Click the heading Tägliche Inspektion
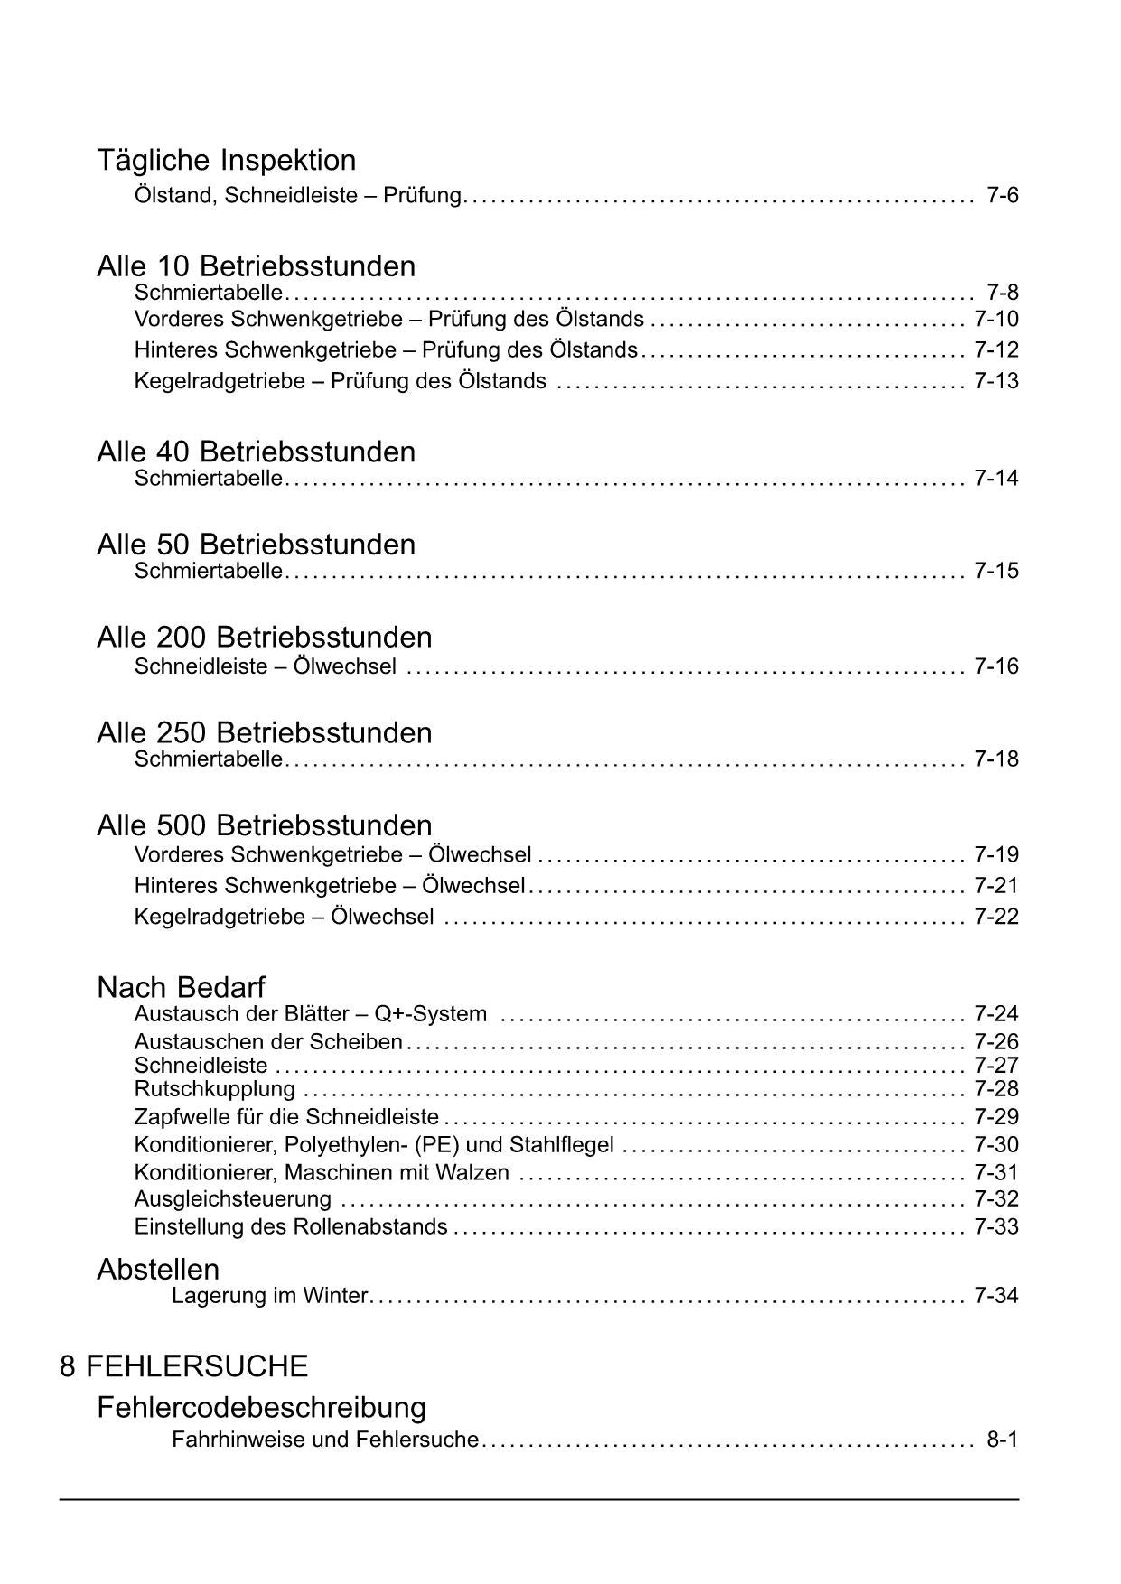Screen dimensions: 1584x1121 [x=226, y=161]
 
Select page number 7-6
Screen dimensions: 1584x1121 [x=1002, y=195]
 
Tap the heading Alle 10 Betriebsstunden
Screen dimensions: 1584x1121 [x=256, y=266]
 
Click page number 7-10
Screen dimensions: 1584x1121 [x=995, y=319]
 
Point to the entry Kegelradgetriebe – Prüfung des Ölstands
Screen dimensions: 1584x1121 [x=340, y=381]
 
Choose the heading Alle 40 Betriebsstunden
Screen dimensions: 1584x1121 [x=256, y=452]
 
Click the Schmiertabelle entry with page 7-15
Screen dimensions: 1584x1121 [x=209, y=571]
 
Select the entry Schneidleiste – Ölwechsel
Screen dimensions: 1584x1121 [x=265, y=666]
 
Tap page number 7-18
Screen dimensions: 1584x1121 [x=995, y=759]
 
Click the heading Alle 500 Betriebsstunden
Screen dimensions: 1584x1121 [x=264, y=825]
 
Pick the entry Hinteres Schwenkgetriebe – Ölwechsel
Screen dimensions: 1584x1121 [x=329, y=886]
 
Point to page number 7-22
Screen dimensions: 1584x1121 [x=995, y=917]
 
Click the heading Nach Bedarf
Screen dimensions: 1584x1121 [x=181, y=987]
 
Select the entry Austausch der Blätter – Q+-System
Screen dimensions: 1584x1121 [x=310, y=1014]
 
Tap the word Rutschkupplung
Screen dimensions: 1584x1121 [x=214, y=1089]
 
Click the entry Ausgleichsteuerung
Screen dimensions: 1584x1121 [x=232, y=1199]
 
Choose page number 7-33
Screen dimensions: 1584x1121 [x=995, y=1226]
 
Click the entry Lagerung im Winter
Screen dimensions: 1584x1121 [x=269, y=1296]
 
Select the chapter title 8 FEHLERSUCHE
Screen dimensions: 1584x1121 [x=183, y=1365]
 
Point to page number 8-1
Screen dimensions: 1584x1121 [x=1002, y=1440]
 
